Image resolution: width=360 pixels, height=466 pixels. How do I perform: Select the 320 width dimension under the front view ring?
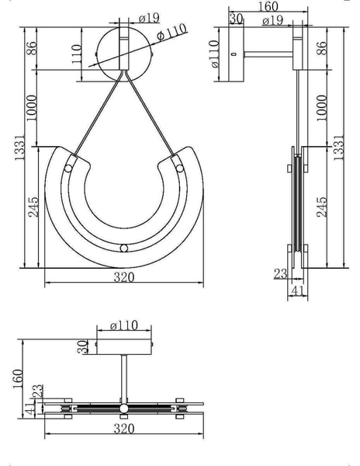(125, 277)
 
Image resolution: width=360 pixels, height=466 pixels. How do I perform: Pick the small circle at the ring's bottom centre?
(124, 249)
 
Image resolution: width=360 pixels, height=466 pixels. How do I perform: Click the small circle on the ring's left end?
(69, 168)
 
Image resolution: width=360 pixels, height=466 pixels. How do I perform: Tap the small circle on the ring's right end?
(179, 168)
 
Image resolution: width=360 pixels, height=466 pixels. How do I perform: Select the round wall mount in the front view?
(124, 53)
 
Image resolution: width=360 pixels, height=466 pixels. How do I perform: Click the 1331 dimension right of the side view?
(339, 148)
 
